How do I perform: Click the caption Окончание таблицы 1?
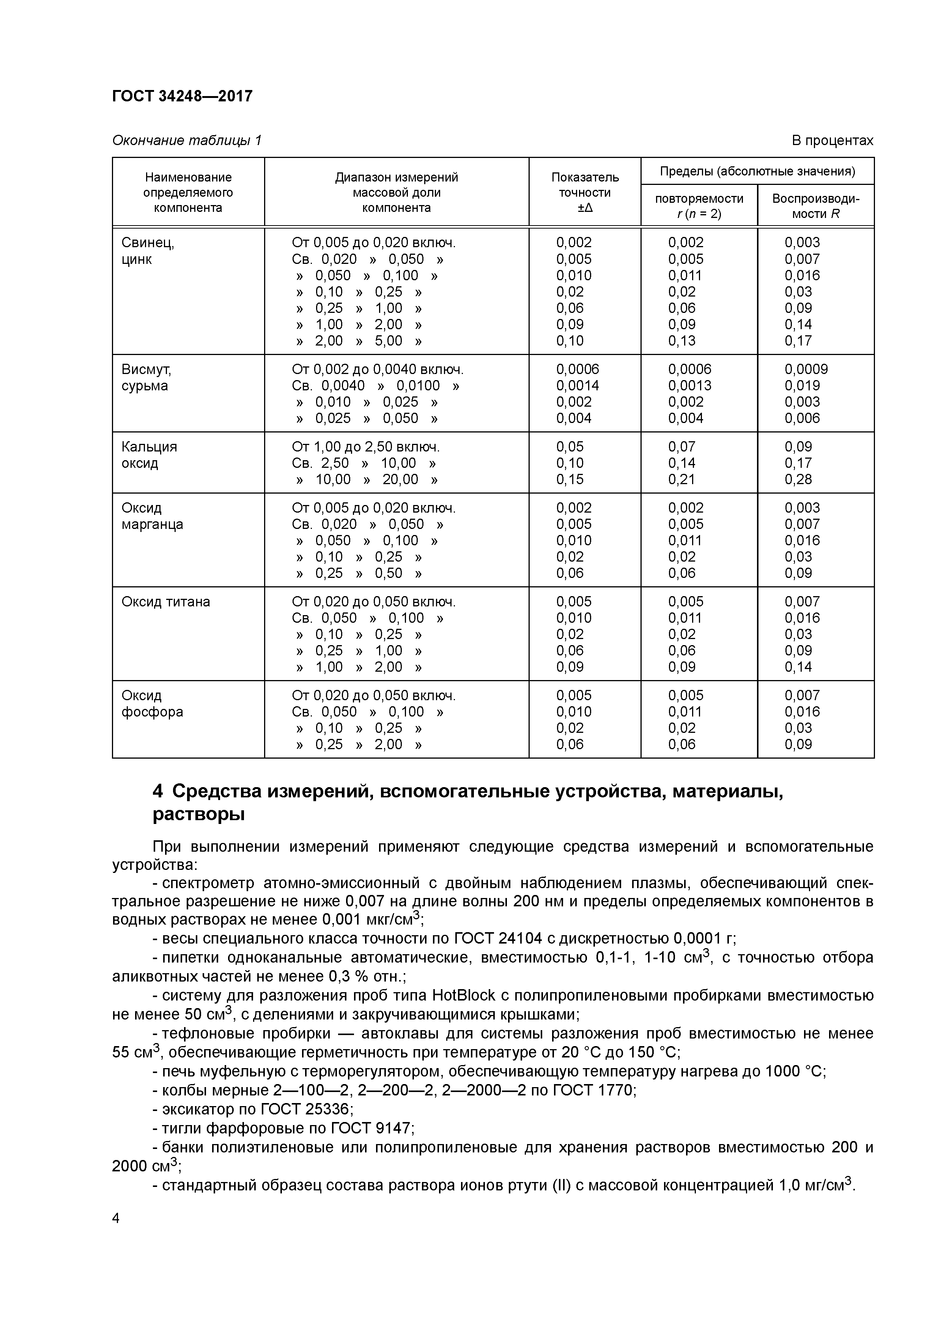(x=187, y=140)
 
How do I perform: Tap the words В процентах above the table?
(x=832, y=140)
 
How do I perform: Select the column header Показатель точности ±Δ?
(x=584, y=192)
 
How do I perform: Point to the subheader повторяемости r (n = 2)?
(x=699, y=206)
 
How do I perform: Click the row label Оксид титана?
(x=165, y=601)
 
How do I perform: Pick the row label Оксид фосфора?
(x=152, y=703)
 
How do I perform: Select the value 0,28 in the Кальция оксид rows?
(x=798, y=479)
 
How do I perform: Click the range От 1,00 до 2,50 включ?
(x=365, y=447)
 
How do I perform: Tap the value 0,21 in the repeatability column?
(x=681, y=479)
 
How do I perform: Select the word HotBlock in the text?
(x=463, y=996)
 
